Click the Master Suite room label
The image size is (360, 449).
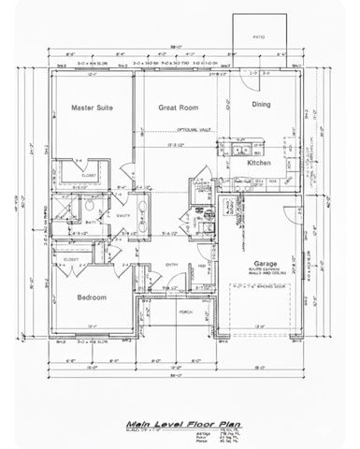(x=92, y=109)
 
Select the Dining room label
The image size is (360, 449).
(x=262, y=105)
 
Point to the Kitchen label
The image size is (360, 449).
(x=259, y=163)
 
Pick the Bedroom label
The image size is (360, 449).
(x=90, y=297)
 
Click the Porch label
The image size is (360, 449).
(x=185, y=312)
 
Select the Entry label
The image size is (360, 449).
(x=172, y=265)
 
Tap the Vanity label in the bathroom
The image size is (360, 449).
(x=122, y=216)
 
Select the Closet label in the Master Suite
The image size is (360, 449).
(x=89, y=174)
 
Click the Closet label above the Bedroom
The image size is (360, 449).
(x=70, y=250)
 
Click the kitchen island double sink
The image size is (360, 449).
(x=238, y=149)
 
